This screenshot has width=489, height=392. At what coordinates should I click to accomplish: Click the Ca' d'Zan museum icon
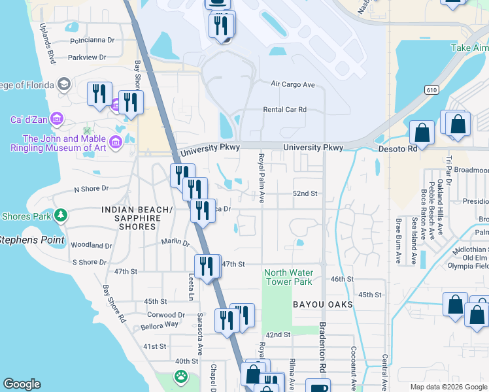[x=56, y=119]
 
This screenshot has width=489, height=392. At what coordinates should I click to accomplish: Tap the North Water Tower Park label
[x=288, y=277]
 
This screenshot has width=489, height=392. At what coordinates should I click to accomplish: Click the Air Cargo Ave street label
[x=293, y=84]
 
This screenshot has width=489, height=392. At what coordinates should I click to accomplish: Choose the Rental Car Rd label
[x=284, y=110]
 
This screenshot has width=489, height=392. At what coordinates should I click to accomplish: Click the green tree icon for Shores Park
[x=61, y=214]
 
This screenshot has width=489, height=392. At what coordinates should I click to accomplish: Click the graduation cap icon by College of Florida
[x=63, y=84]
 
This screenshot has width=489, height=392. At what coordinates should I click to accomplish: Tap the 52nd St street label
[x=305, y=194]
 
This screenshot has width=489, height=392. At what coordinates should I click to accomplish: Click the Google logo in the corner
[x=22, y=384]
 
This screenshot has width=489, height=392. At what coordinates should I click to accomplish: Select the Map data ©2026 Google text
[x=448, y=387]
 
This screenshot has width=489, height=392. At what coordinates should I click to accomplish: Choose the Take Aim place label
[x=469, y=48]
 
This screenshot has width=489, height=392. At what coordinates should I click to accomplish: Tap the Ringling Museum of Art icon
[x=116, y=142]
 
